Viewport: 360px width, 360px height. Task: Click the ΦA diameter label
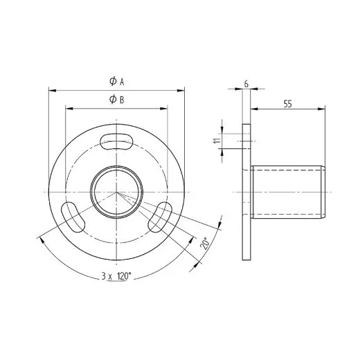point(116,81)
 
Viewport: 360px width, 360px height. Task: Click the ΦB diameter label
point(116,100)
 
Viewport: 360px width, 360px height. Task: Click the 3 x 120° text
point(116,276)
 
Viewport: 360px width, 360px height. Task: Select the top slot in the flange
point(117,141)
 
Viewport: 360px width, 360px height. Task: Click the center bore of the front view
point(116,190)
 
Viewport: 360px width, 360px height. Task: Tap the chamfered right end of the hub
point(323,191)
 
